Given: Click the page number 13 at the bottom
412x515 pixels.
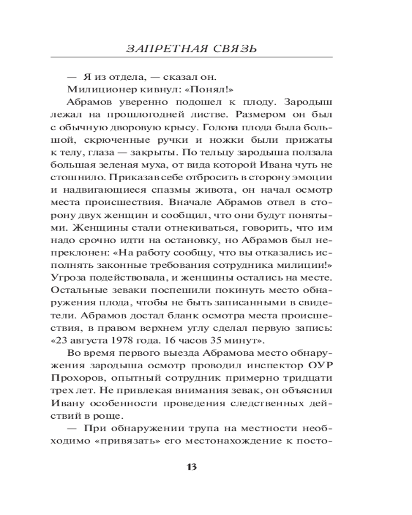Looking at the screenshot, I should pos(191,468).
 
